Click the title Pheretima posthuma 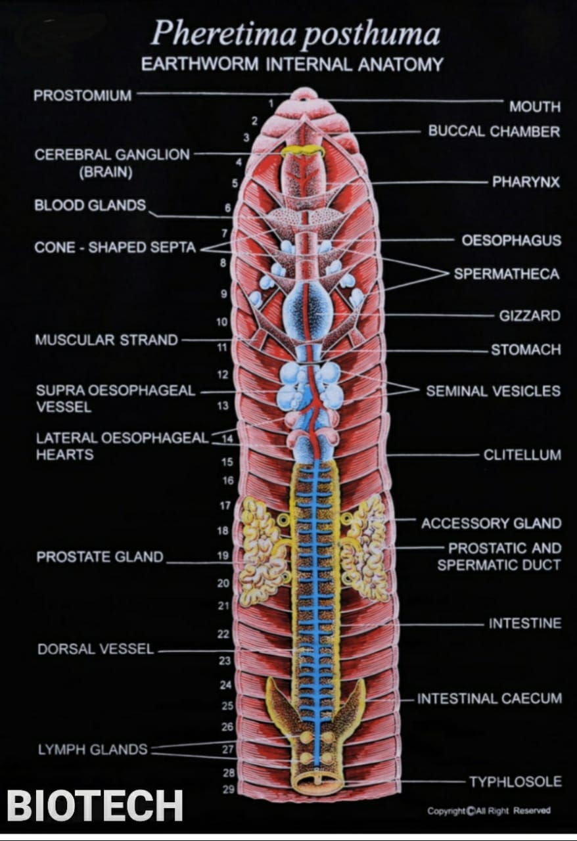295,34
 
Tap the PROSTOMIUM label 83,96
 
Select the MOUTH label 535,106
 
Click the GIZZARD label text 530,315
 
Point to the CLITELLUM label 522,455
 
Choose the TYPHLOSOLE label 515,781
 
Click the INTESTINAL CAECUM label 490,698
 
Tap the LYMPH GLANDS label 93,749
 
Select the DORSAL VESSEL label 95,649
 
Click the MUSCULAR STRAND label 106,340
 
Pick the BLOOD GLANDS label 90,205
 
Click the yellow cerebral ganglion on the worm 303,150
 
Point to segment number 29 228,789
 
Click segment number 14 228,439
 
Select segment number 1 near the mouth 270,103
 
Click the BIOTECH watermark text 95,806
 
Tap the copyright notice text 488,811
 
